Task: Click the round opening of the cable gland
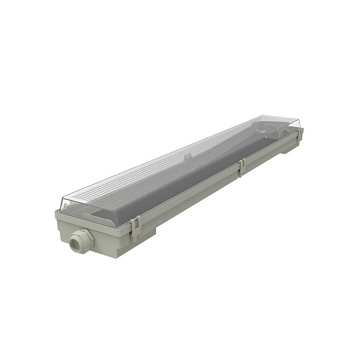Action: click(74, 244)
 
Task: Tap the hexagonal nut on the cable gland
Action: click(83, 236)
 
